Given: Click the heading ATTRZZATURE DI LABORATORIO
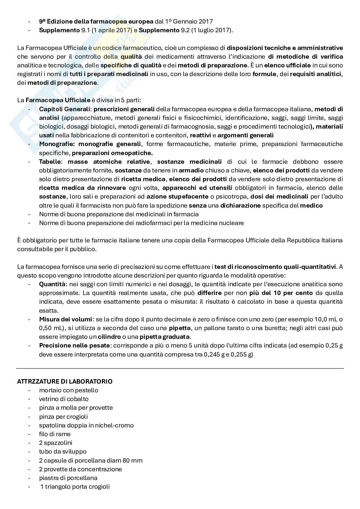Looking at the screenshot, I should (65, 381).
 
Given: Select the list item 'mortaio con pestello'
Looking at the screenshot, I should (68, 390).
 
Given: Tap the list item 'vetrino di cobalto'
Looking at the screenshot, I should (64, 399).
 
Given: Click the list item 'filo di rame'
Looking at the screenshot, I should (55, 434).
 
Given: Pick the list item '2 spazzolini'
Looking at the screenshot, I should (55, 443).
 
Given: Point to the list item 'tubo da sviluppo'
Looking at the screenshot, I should (63, 451).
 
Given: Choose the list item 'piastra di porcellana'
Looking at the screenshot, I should (68, 478).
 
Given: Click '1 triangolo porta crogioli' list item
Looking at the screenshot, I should (75, 486).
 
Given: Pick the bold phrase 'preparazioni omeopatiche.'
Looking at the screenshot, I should (112, 152).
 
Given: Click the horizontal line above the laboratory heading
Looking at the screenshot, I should (180, 368).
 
